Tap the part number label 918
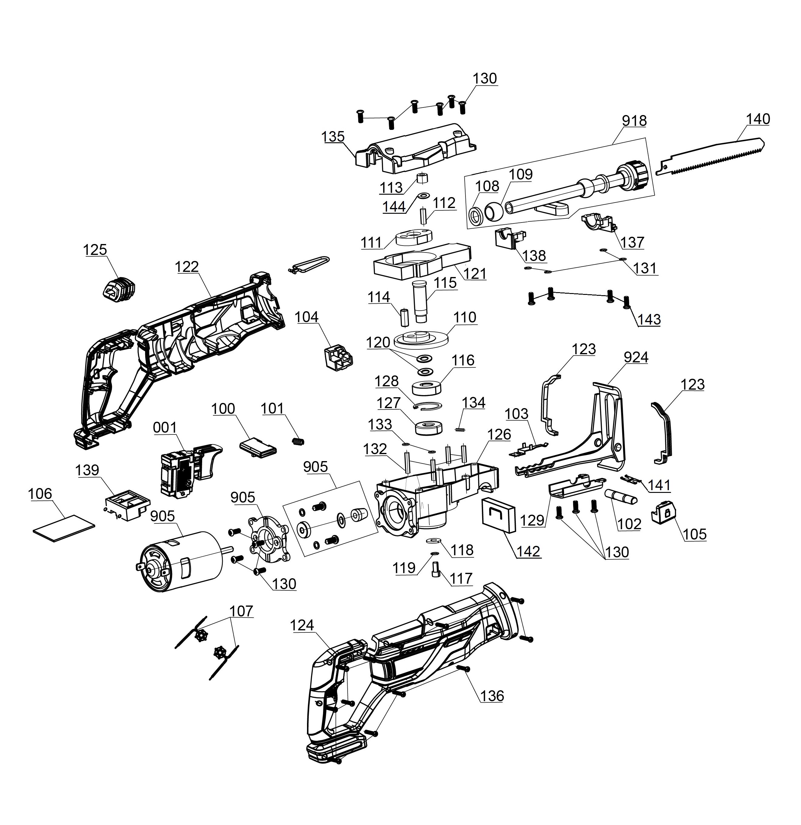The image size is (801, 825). (634, 121)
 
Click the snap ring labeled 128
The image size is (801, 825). (428, 406)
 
